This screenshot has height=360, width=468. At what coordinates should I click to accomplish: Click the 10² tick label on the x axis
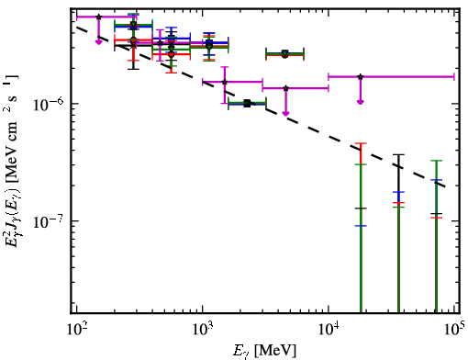tap(76, 330)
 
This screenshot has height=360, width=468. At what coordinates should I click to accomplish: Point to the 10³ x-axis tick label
tap(203, 330)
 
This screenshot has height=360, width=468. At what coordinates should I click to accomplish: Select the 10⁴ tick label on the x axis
tap(329, 330)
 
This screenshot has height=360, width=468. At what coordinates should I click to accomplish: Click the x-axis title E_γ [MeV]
tap(264, 351)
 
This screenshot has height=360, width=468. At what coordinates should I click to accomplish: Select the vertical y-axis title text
tap(12, 160)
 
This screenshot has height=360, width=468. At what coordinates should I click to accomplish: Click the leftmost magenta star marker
tap(98, 17)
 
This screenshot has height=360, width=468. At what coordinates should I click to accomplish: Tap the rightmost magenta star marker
tap(361, 76)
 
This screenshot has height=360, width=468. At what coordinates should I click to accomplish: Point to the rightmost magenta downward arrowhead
tap(361, 102)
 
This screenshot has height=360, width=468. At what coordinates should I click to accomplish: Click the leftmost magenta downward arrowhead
tap(98, 42)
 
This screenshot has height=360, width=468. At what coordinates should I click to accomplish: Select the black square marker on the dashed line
tap(247, 104)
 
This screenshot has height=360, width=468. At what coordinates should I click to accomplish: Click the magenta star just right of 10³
tap(225, 82)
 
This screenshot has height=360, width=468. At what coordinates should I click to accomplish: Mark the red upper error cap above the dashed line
tap(361, 143)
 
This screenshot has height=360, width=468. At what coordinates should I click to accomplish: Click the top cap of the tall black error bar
tap(398, 154)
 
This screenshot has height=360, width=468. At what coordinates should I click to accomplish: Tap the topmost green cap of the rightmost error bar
tap(436, 161)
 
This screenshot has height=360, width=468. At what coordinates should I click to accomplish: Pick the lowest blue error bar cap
tap(361, 226)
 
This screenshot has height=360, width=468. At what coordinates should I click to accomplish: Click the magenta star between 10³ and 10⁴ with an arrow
tap(285, 88)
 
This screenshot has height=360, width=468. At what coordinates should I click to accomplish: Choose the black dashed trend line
tap(262, 107)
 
